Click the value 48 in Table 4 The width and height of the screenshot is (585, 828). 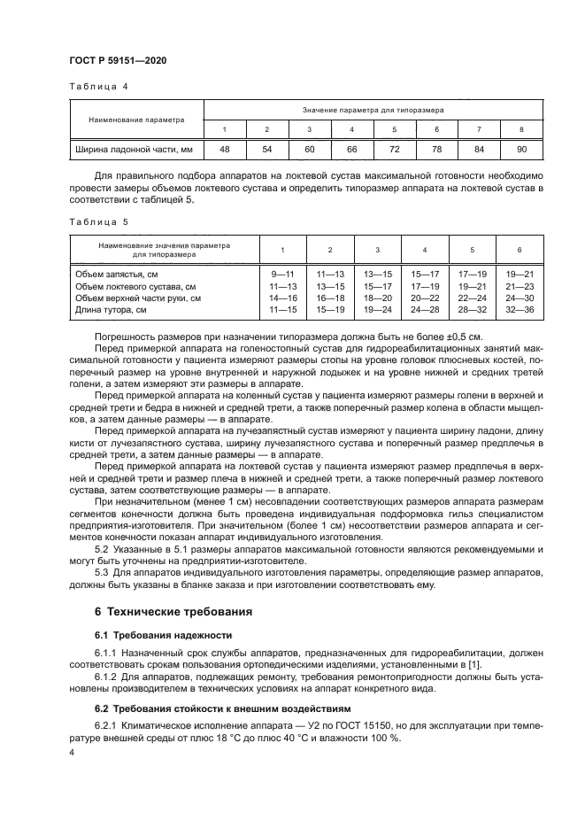tap(225, 150)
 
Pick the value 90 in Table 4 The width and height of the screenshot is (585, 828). tap(521, 150)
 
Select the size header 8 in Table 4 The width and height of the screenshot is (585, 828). tap(521, 129)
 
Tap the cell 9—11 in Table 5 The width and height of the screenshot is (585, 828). tap(282, 275)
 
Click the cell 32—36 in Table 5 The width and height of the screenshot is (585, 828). tap(519, 309)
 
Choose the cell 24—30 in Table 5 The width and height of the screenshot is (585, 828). tap(519, 298)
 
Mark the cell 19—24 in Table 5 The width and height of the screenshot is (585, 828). tap(377, 309)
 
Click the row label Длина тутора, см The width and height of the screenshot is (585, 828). tap(111, 309)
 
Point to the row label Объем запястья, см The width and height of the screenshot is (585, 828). tap(116, 275)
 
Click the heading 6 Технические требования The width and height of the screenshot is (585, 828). tap(173, 611)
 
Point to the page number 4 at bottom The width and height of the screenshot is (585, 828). tap(72, 752)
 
